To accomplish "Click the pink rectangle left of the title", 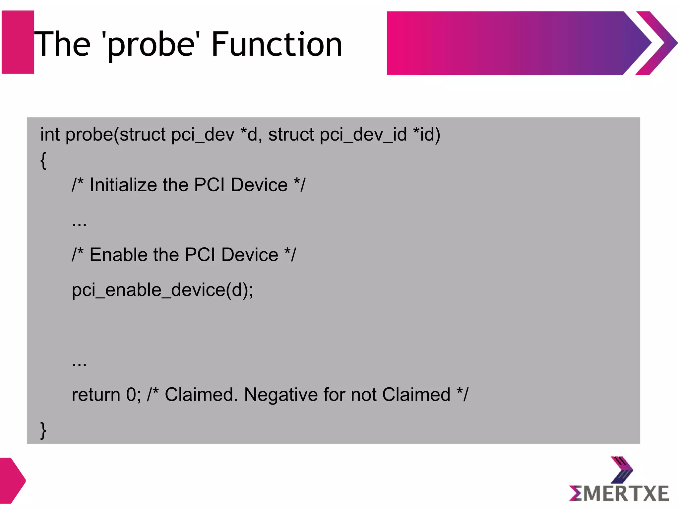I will click(18, 42).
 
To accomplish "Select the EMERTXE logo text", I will click(619, 493).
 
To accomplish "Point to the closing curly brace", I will click(43, 430).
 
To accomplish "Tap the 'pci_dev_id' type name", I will click(363, 135).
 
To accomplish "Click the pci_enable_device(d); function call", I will click(162, 290).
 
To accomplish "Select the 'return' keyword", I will click(96, 395).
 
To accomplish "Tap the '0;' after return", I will click(134, 395).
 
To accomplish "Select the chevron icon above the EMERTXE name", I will click(622, 470).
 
